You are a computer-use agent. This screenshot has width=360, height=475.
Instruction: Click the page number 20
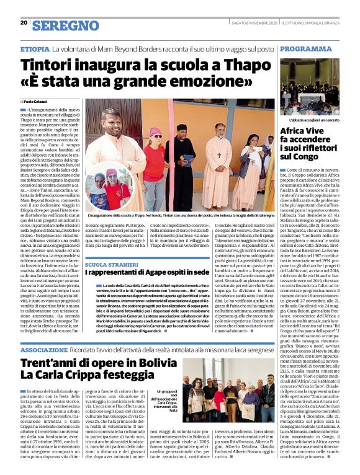tap(24, 23)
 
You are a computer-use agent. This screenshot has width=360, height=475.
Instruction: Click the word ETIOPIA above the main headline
tap(35, 48)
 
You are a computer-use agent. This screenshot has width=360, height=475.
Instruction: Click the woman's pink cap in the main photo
tap(154, 131)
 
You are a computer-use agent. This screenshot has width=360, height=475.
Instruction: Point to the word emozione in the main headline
tap(202, 82)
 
